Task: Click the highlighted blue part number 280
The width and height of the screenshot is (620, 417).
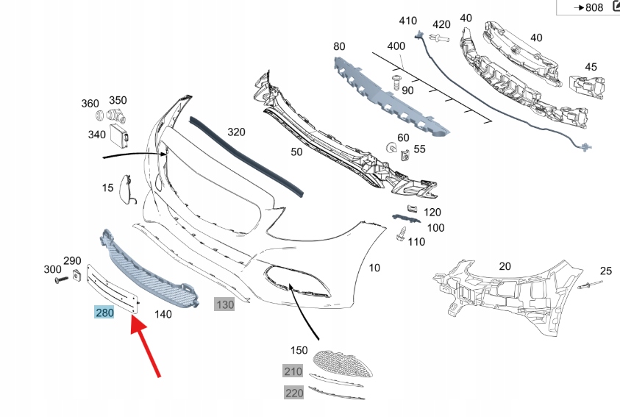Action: (104, 313)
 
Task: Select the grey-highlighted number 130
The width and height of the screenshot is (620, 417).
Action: (224, 304)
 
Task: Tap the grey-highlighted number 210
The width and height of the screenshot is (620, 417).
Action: (293, 371)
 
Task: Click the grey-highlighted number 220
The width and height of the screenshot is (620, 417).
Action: (293, 393)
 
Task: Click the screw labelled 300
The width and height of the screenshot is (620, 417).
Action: (57, 280)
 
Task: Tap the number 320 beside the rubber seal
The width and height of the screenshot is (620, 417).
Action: (235, 132)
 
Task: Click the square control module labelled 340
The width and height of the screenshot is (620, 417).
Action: (118, 135)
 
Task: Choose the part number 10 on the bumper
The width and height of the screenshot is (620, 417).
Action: (374, 268)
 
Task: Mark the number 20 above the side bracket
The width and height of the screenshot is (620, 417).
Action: (505, 265)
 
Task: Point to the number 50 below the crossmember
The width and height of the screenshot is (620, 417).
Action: (296, 152)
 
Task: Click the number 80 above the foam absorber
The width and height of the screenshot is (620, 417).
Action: (339, 46)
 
